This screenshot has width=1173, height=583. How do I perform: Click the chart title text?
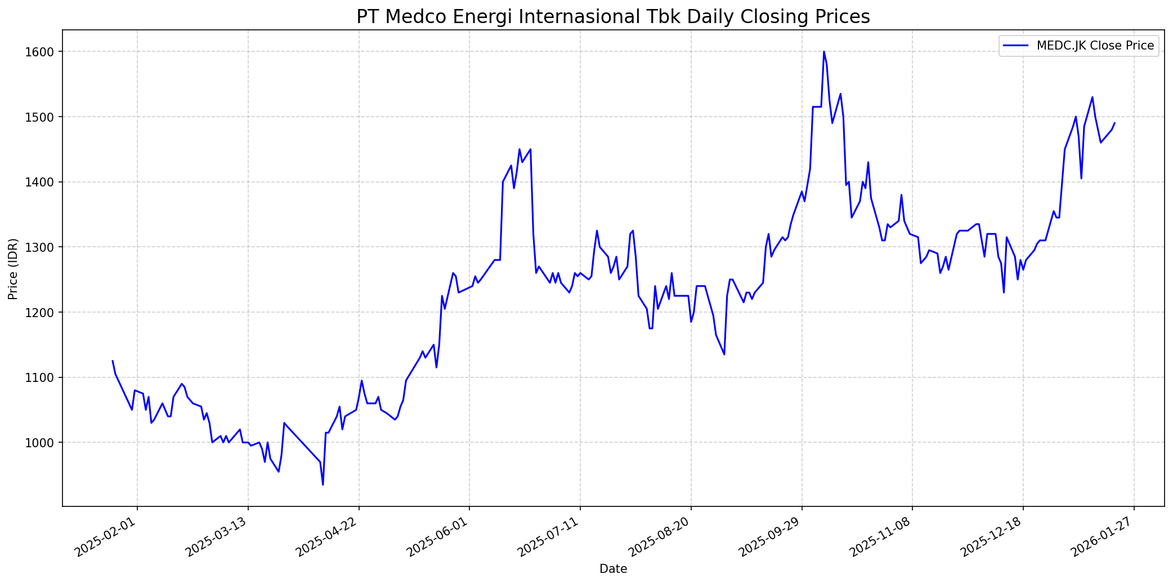[x=613, y=17]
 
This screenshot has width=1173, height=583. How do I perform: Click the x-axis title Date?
[x=613, y=569]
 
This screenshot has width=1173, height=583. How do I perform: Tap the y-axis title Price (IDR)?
[x=14, y=269]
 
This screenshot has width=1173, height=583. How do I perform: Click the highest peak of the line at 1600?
[x=824, y=52]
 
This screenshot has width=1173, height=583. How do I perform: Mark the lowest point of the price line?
[x=323, y=484]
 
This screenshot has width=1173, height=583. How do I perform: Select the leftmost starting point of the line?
[x=113, y=361]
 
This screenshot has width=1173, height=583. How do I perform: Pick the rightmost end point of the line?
[x=1114, y=123]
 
